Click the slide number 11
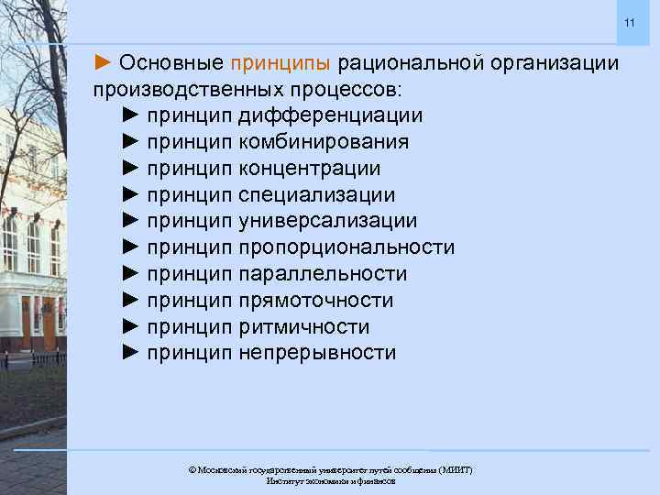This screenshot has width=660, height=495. coord(629,22)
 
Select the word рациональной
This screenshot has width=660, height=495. coord(411,64)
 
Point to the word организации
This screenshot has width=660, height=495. coord(555,64)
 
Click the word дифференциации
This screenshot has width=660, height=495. coord(330,116)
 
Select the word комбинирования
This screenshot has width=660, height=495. coord(324,143)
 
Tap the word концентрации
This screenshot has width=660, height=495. coord(309,170)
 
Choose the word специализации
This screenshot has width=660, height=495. coord(316,195)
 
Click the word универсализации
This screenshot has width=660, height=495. coord(327,222)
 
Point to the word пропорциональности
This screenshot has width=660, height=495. coord(346,248)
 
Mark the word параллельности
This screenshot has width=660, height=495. coord(322,274)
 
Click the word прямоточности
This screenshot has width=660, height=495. coord(315,301)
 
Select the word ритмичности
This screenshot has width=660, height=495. coord(303,327)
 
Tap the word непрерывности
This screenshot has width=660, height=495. coord(317,353)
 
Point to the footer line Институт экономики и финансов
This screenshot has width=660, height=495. coord(330,481)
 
